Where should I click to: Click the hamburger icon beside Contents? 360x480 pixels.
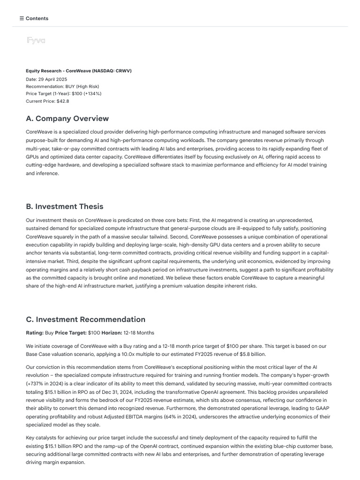(22, 19)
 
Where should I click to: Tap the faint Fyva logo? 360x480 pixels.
(36, 41)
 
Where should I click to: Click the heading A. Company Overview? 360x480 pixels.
(67, 119)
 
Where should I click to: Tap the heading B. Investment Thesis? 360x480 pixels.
(65, 207)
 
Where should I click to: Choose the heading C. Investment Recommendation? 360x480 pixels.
(86, 320)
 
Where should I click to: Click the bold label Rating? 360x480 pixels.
(34, 333)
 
